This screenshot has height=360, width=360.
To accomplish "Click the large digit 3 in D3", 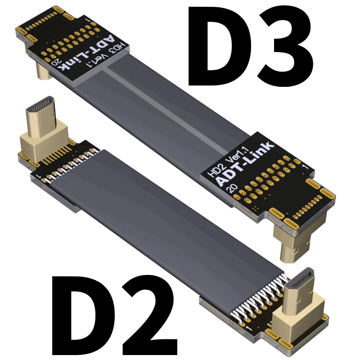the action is pyautogui.click(x=285, y=46).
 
